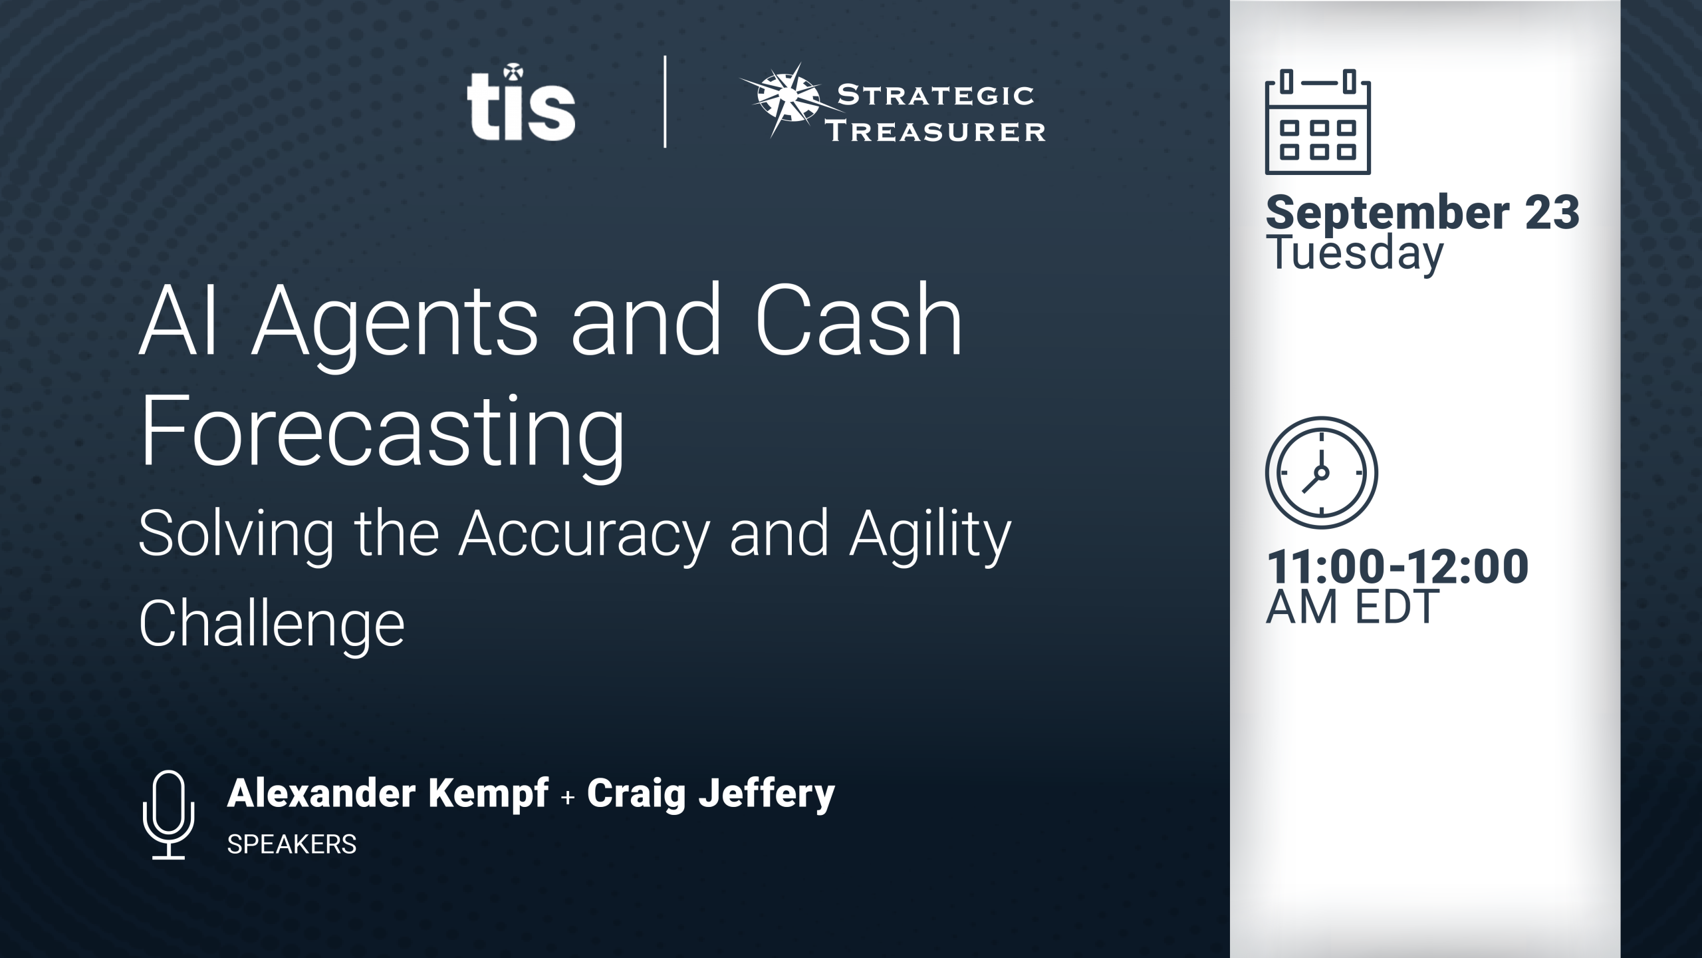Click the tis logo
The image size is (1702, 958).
[x=521, y=102]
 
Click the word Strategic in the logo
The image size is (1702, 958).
[x=935, y=96]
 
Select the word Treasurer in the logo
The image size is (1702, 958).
[x=935, y=131]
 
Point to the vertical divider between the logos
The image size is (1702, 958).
[x=665, y=102]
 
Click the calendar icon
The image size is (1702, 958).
[x=1318, y=122]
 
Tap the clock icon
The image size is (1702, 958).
[x=1321, y=473]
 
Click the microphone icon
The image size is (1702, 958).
[x=169, y=815]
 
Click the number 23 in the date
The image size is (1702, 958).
[x=1552, y=213]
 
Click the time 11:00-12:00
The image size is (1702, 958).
[x=1398, y=567]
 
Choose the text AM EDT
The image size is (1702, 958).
[x=1352, y=607]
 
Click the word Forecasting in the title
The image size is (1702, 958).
[x=382, y=432]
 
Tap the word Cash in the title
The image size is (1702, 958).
[x=858, y=321]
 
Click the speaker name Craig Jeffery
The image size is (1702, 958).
[x=711, y=795]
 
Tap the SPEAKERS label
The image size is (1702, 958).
[x=292, y=844]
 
